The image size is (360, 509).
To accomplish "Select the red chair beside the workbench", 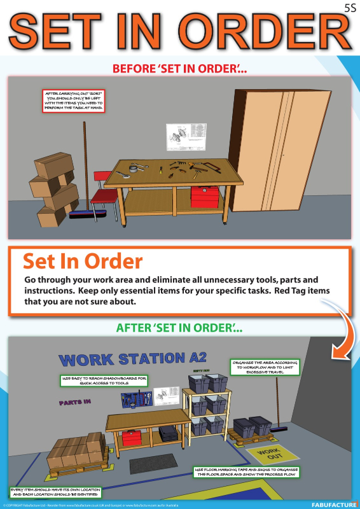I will click(103, 191).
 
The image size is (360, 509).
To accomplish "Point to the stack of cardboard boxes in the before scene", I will click(53, 188).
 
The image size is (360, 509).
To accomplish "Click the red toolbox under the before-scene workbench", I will click(205, 197).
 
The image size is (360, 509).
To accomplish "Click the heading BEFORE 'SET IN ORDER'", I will click(180, 68).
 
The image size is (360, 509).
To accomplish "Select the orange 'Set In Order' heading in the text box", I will click(83, 261).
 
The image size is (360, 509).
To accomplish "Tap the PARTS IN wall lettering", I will click(75, 403).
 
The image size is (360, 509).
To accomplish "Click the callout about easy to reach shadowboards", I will click(109, 380).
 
